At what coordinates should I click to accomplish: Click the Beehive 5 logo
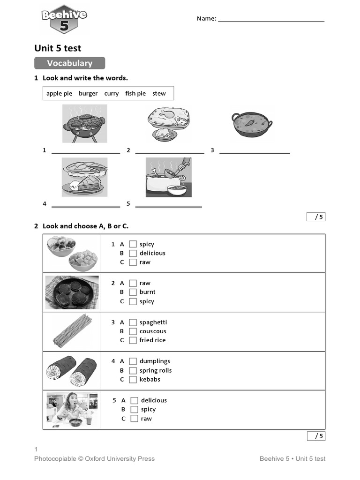[x=64, y=20]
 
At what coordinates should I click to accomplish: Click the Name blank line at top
[x=271, y=21]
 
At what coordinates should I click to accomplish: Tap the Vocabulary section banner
[x=69, y=63]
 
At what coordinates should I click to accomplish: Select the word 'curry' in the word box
[x=112, y=93]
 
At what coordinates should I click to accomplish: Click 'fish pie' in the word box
[x=135, y=93]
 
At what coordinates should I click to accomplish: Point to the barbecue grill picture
[x=84, y=124]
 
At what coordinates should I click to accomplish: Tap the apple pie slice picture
[x=84, y=177]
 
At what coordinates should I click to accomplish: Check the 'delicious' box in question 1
[x=133, y=253]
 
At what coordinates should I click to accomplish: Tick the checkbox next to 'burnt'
[x=133, y=292]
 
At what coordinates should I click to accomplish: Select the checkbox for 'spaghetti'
[x=133, y=322]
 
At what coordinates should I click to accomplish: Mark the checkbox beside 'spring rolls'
[x=133, y=370]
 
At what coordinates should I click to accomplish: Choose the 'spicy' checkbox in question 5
[x=135, y=409]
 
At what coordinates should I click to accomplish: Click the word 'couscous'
[x=153, y=331]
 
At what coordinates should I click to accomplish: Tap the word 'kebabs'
[x=150, y=379]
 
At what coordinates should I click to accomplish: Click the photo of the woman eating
[x=72, y=410]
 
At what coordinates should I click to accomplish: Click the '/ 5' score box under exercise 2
[x=316, y=436]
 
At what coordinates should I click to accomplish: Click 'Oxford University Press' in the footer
[x=120, y=458]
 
